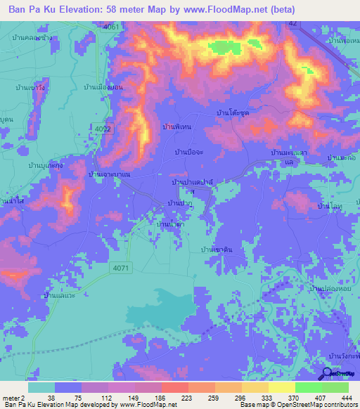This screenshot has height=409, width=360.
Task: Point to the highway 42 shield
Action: click(292, 23)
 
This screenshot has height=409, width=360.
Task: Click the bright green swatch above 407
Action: click(308, 387)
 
